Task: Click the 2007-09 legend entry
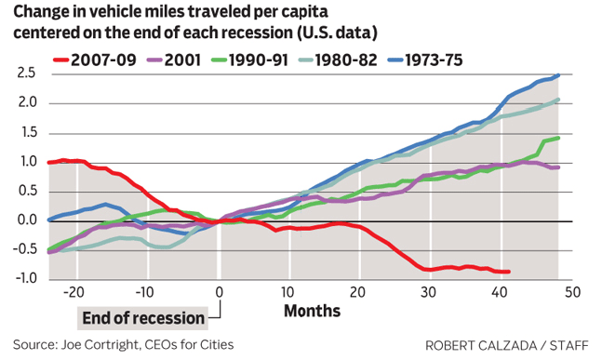95,60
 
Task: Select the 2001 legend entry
174,60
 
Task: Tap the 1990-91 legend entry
249,60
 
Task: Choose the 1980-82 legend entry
338,60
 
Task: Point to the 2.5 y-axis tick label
26,73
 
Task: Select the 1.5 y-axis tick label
27,132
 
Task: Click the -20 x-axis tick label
74,292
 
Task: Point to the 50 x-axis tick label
572,292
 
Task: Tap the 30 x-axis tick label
428,292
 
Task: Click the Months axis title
312,311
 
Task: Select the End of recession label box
142,318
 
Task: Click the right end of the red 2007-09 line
509,272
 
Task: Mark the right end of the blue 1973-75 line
558,75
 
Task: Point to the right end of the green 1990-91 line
558,138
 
